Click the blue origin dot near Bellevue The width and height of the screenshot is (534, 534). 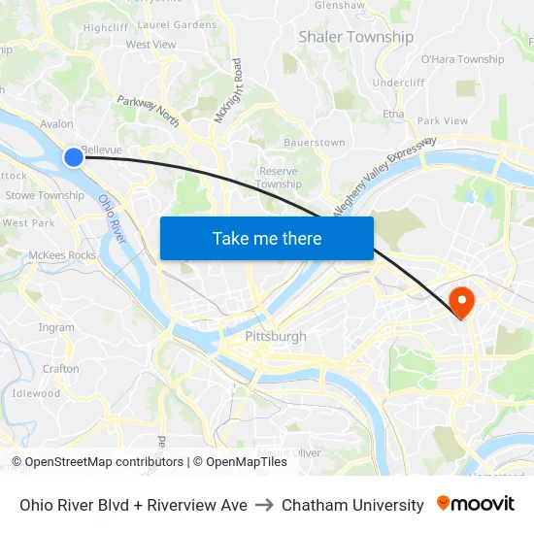74,156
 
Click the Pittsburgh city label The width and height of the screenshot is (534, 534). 276,337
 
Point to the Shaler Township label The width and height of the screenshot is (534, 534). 355,37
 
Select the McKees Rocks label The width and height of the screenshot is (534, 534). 62,255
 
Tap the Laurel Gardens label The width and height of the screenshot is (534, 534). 177,24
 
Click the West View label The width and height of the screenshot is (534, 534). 150,45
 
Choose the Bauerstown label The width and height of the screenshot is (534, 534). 316,143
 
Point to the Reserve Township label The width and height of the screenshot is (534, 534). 280,178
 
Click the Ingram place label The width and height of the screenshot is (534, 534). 56,327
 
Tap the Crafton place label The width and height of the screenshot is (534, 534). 61,369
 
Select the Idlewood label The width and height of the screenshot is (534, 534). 36,393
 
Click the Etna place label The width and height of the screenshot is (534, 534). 393,115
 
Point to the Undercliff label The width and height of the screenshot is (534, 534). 399,83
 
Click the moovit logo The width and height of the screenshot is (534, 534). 476,504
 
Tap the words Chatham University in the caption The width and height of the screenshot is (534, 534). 352,505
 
